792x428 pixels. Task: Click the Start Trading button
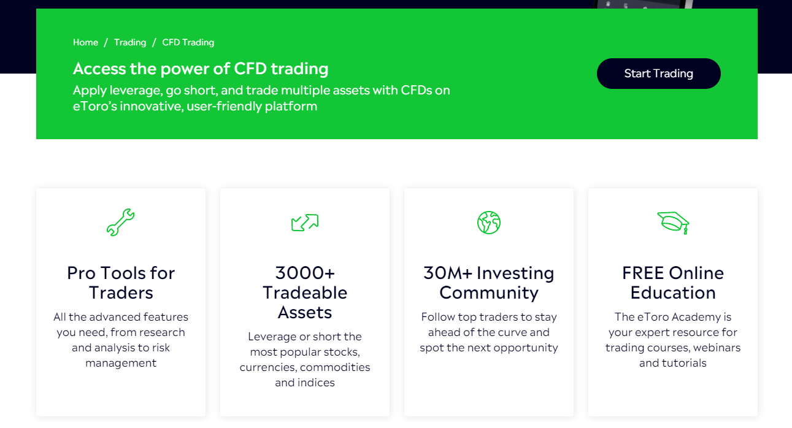658,74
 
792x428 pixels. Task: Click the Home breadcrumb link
85,42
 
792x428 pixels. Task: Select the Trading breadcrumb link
130,42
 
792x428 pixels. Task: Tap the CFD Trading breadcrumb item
188,42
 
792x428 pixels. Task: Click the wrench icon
120,223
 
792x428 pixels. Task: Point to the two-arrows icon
305,223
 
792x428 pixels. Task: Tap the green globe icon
489,223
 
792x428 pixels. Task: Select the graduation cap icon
673,223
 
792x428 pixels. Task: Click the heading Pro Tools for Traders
121,283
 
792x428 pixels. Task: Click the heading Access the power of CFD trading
201,69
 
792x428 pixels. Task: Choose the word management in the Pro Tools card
121,363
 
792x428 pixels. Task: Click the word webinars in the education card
717,348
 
